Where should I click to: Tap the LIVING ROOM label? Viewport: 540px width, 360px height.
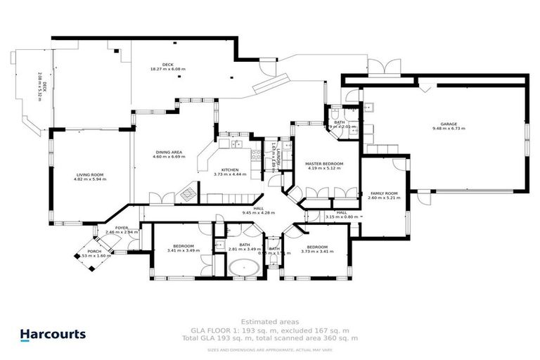pyautogui.click(x=89, y=174)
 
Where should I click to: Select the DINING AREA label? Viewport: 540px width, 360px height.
pyautogui.click(x=168, y=152)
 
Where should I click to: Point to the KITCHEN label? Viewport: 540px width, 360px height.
pyautogui.click(x=230, y=169)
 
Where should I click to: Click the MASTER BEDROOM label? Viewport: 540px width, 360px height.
pyautogui.click(x=323, y=163)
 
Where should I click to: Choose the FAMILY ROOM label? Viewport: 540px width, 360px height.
pyautogui.click(x=384, y=193)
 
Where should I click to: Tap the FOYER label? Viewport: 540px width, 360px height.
pyautogui.click(x=122, y=227)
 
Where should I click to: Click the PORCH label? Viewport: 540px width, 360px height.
pyautogui.click(x=94, y=251)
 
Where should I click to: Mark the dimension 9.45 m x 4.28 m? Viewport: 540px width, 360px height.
pyautogui.click(x=258, y=212)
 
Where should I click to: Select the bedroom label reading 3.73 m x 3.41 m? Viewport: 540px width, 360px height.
pyautogui.click(x=317, y=250)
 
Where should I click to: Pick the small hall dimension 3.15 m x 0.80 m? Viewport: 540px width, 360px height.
pyautogui.click(x=341, y=217)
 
